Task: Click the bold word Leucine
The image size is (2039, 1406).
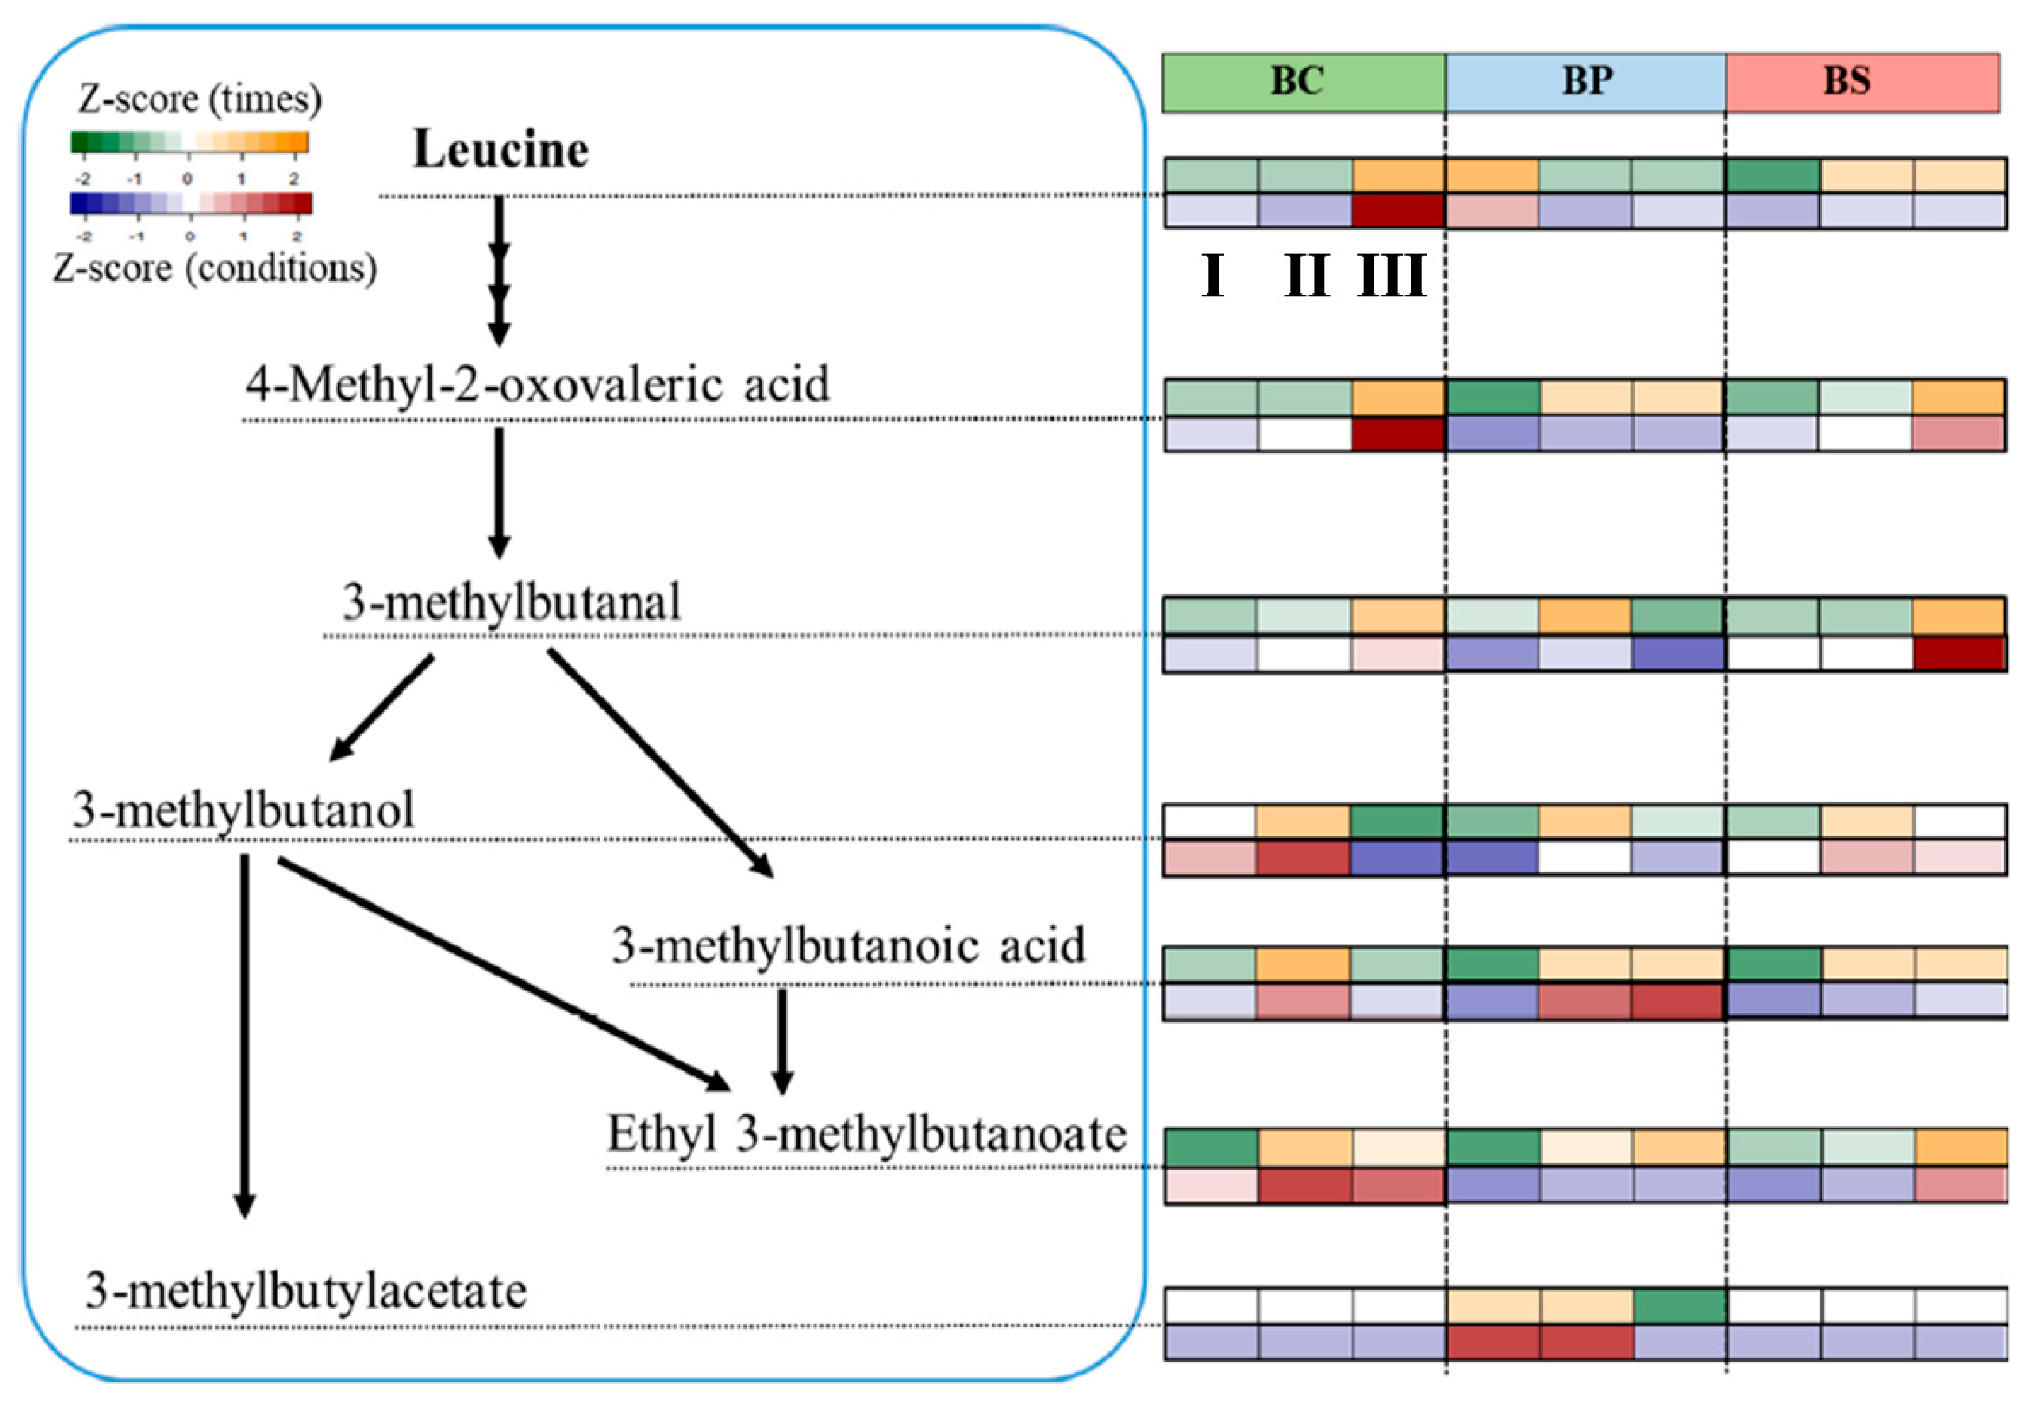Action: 500,149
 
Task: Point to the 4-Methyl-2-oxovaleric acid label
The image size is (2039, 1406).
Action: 537,385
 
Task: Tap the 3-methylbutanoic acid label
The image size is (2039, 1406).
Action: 848,945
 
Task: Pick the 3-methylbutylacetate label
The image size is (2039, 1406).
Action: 305,1291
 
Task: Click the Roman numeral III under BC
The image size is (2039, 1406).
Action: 1391,276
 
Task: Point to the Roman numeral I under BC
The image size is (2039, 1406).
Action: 1213,276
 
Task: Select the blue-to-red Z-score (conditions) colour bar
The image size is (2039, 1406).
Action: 191,204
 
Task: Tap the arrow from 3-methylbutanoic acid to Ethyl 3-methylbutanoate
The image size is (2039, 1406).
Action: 782,1039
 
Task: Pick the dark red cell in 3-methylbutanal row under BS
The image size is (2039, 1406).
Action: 1959,653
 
